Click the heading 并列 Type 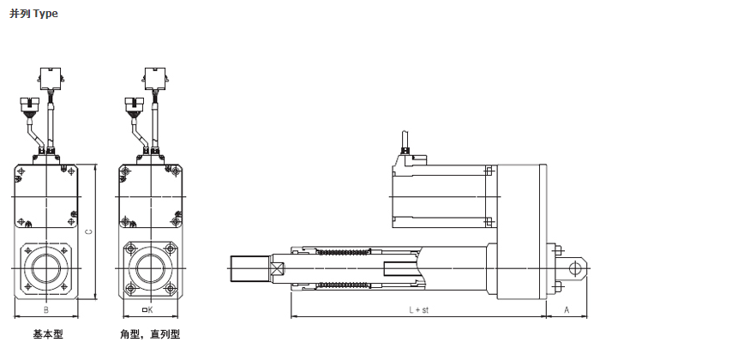click(x=33, y=14)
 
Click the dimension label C click(x=88, y=231)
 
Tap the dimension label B click(x=46, y=310)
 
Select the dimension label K click(x=147, y=310)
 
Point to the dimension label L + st click(x=418, y=310)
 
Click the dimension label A click(x=567, y=310)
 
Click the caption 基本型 click(x=48, y=334)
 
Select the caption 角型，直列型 click(x=150, y=334)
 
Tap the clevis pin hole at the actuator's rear click(x=574, y=268)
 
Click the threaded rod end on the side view click(x=250, y=268)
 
